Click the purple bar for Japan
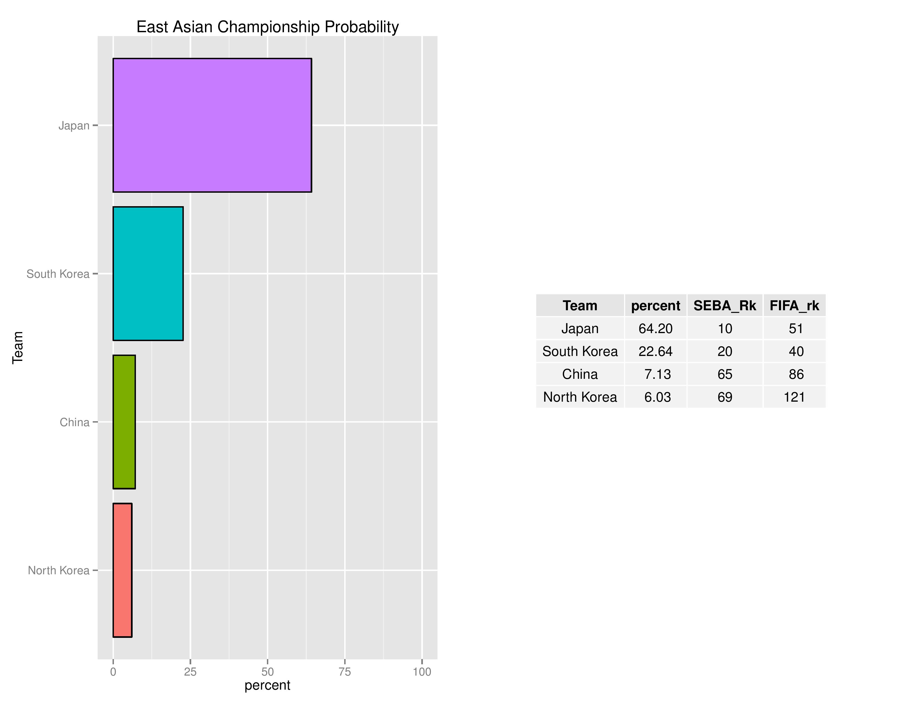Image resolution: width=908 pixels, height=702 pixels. pos(212,125)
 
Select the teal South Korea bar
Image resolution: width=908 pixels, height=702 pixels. pos(148,274)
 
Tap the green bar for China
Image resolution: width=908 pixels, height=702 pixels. pos(124,422)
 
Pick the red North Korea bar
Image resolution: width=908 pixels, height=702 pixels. pos(122,570)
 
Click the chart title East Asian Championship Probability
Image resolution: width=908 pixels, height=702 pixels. pos(267,27)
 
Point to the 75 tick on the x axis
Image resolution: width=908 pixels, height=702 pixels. pos(345,672)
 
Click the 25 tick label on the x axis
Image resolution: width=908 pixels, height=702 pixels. pos(190,672)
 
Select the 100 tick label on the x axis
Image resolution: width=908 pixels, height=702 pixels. pos(422,672)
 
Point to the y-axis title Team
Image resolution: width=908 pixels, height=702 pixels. pos(17,348)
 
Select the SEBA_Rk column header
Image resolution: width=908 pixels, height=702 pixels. pos(725,306)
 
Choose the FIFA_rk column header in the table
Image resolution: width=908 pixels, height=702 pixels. pos(794,306)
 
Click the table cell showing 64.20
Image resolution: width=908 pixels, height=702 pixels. pos(655,328)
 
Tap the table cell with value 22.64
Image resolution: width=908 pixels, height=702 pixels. pos(655,352)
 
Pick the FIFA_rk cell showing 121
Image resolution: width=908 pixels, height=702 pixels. pos(794,397)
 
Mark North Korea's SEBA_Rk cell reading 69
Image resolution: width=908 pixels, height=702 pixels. pos(725,397)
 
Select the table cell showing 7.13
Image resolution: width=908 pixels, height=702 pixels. pos(657,374)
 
